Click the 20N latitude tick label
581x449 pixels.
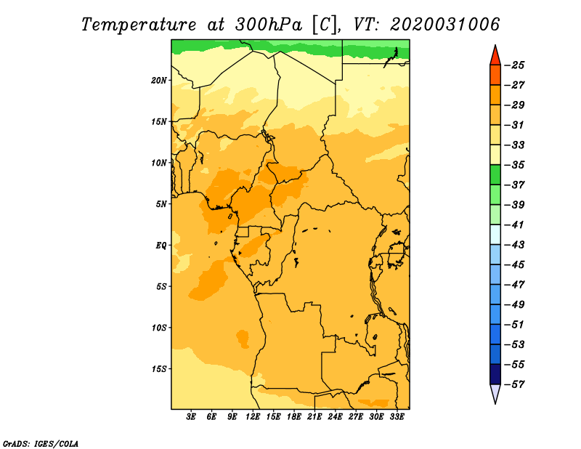pyautogui.click(x=159, y=81)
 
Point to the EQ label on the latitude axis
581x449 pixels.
pyautogui.click(x=161, y=246)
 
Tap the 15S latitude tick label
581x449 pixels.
pyautogui.click(x=159, y=369)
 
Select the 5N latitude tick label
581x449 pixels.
pyautogui.click(x=161, y=204)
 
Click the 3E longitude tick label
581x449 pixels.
pyautogui.click(x=191, y=417)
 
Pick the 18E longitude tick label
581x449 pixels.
pyautogui.click(x=294, y=417)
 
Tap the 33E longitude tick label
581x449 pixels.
pyautogui.click(x=397, y=417)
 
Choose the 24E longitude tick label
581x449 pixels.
pyautogui.click(x=335, y=417)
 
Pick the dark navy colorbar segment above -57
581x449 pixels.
pyautogui.click(x=495, y=374)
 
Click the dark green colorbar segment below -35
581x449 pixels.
pyautogui.click(x=495, y=175)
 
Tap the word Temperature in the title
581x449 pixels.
pyautogui.click(x=139, y=25)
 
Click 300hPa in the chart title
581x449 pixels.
pyautogui.click(x=269, y=25)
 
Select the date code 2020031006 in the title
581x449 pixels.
pyautogui.click(x=445, y=25)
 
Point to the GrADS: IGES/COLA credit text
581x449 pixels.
pyautogui.click(x=41, y=444)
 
